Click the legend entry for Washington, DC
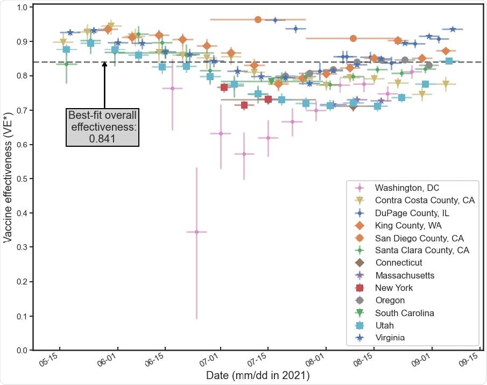tap(407, 188)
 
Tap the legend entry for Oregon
tap(390, 301)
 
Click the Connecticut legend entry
tap(398, 263)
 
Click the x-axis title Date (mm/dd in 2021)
tap(258, 375)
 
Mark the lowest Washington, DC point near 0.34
tap(196, 232)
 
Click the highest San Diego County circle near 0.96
tap(258, 19)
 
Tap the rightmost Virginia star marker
tap(453, 29)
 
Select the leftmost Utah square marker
tap(67, 49)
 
